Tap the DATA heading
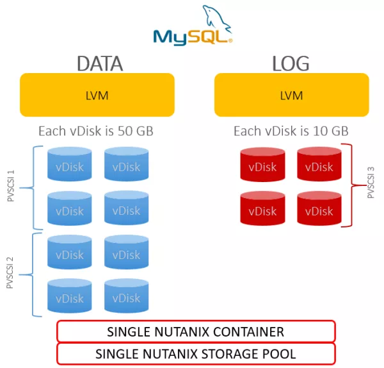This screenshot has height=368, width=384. pyautogui.click(x=100, y=63)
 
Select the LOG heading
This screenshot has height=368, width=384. pyautogui.click(x=291, y=63)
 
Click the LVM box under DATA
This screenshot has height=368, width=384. pyautogui.click(x=97, y=95)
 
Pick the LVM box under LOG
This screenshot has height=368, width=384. pyautogui.click(x=292, y=95)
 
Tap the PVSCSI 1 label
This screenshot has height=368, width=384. pyautogui.click(x=11, y=186)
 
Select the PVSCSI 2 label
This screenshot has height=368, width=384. pyautogui.click(x=10, y=273)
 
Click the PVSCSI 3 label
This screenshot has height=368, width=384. pyautogui.click(x=371, y=183)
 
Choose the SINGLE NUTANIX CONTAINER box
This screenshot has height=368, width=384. pyautogui.click(x=196, y=331)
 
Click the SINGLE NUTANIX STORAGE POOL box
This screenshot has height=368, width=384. pyautogui.click(x=196, y=354)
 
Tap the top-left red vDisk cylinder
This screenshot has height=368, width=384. pyautogui.click(x=262, y=164)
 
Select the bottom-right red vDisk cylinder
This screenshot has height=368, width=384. pyautogui.click(x=319, y=208)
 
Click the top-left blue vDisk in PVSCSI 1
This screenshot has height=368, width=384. pyautogui.click(x=70, y=164)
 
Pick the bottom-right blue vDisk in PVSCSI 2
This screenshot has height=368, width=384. pyautogui.click(x=126, y=296)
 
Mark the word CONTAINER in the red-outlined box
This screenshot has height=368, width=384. pyautogui.click(x=248, y=331)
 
